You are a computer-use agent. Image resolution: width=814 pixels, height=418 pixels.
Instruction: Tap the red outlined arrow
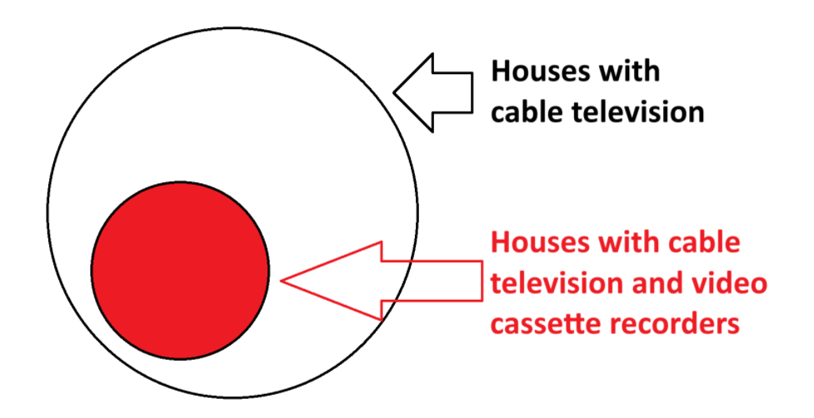(x=383, y=281)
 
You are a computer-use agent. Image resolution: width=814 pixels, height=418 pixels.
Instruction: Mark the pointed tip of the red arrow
(x=283, y=281)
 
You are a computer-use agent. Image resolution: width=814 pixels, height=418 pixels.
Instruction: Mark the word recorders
(x=676, y=324)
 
